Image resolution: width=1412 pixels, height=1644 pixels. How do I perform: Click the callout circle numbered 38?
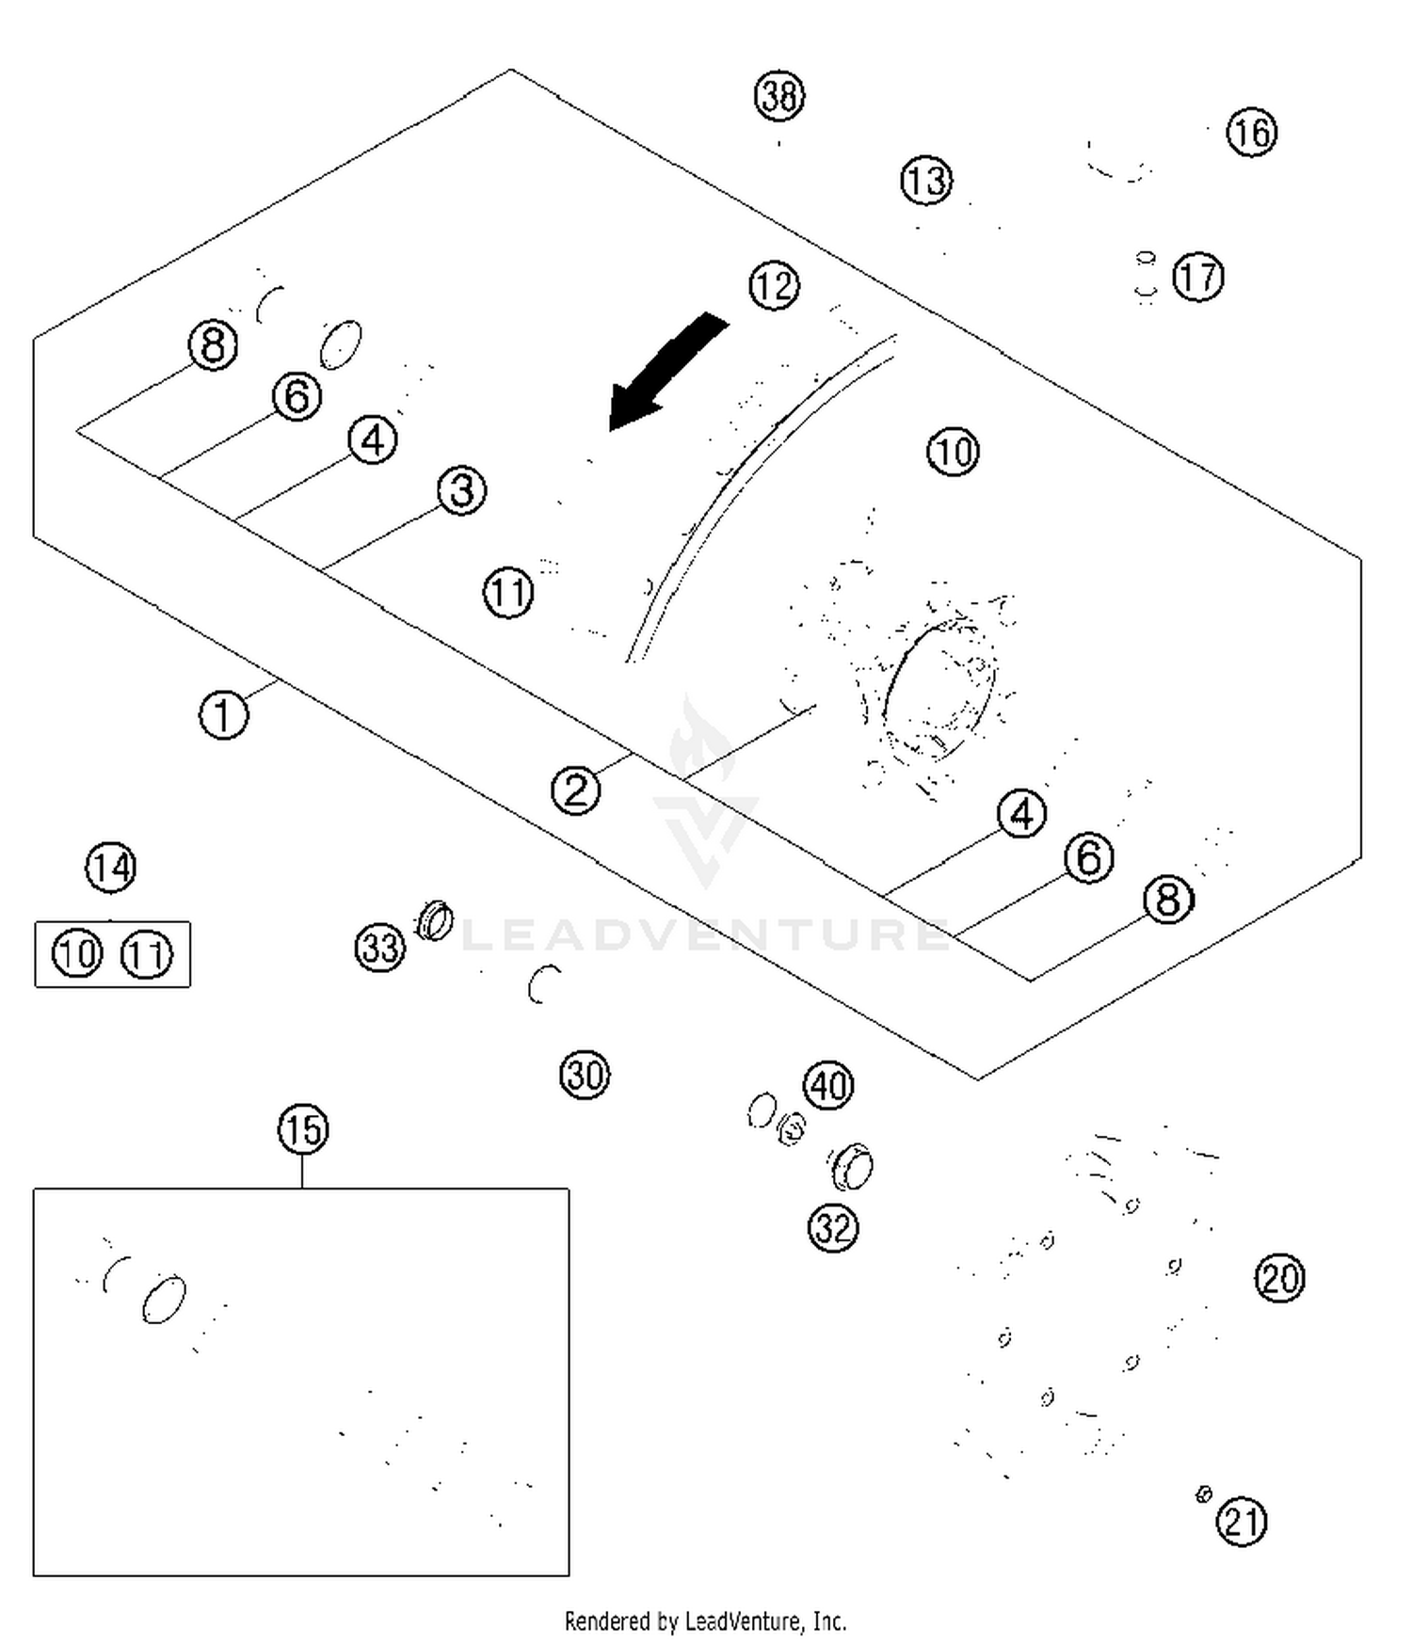click(779, 96)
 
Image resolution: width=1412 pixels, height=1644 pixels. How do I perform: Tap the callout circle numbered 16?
click(1252, 132)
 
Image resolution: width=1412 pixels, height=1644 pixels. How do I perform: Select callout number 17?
click(1198, 277)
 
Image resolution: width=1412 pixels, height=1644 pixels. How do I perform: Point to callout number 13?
click(926, 181)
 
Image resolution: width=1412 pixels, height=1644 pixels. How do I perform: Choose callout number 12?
click(774, 286)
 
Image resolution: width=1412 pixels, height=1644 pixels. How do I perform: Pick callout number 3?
click(461, 490)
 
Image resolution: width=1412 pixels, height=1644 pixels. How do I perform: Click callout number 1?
click(223, 714)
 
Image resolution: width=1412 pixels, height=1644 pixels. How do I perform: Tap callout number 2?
click(575, 790)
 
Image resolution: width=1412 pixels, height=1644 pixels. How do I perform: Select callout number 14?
click(111, 868)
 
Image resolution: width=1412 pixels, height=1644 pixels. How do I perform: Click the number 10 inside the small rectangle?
click(77, 954)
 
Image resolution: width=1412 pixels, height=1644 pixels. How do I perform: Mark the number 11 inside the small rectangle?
click(147, 954)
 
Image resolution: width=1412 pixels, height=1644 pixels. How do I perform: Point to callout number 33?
click(380, 947)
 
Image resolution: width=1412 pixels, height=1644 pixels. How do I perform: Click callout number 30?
click(585, 1075)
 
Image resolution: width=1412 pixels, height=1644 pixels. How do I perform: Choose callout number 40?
click(828, 1086)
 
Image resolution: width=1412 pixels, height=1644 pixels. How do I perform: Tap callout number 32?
click(833, 1228)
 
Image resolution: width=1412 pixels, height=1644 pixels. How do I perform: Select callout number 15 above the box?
click(303, 1129)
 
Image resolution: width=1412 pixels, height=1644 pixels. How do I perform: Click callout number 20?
click(1279, 1278)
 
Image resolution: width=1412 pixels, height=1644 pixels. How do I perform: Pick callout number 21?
click(1242, 1522)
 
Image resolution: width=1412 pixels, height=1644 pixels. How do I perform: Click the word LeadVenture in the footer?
click(744, 1621)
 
